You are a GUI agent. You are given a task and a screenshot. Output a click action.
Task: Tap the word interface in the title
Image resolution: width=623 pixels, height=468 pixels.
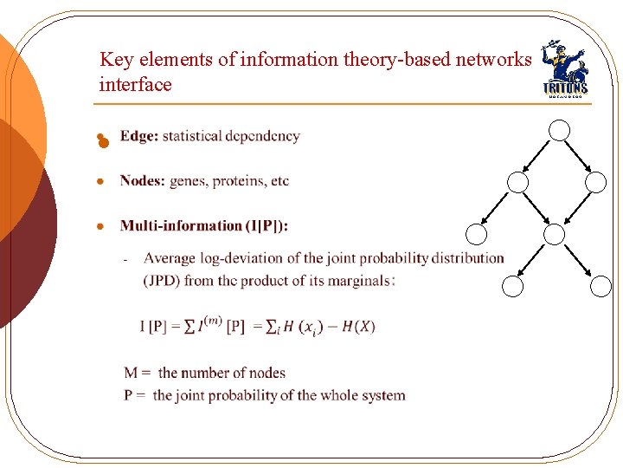pyautogui.click(x=135, y=85)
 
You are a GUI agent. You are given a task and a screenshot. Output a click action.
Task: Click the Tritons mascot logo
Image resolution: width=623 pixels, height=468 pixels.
pyautogui.click(x=564, y=70)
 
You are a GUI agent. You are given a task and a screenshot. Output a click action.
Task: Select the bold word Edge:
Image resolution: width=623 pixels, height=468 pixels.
pyautogui.click(x=138, y=136)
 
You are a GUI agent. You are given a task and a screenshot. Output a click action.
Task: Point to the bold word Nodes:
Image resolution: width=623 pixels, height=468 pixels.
pyautogui.click(x=143, y=181)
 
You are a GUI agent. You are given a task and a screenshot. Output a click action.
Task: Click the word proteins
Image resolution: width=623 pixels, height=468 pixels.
pyautogui.click(x=233, y=181)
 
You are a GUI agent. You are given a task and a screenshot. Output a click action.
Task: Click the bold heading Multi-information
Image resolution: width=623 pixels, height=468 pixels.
pyautogui.click(x=181, y=226)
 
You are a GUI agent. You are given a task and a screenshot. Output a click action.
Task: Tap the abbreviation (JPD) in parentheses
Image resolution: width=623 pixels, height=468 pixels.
pyautogui.click(x=162, y=281)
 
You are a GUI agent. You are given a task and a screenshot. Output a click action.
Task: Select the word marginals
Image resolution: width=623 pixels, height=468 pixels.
pyautogui.click(x=359, y=281)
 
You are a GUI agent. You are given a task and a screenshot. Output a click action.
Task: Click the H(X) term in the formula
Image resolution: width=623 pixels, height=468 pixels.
pyautogui.click(x=358, y=327)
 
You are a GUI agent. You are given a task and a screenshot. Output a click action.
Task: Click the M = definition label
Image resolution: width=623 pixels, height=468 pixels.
pyautogui.click(x=138, y=373)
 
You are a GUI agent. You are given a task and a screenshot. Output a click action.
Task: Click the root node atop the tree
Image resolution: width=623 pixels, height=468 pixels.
pyautogui.click(x=559, y=130)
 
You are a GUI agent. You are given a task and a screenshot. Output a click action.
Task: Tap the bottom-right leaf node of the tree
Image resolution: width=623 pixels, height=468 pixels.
pyautogui.click(x=601, y=287)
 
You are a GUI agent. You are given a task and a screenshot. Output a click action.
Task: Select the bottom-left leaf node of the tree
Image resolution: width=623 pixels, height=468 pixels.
pyautogui.click(x=513, y=287)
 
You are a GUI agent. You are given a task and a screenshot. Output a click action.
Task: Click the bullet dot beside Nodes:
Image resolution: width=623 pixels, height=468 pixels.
pyautogui.click(x=100, y=182)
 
